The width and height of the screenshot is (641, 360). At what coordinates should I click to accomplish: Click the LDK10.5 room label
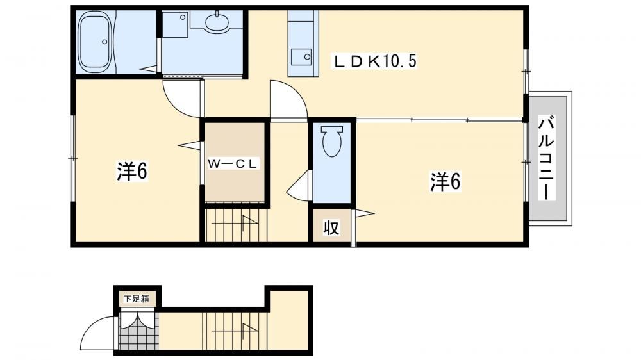pos(374,61)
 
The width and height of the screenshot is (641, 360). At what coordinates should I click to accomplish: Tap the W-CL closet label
pos(233,164)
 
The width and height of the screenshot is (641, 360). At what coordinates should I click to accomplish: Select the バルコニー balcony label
pos(546,158)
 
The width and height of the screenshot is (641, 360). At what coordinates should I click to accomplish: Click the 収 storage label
pos(331,227)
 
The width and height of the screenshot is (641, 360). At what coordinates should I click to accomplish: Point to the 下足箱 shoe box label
pos(137,299)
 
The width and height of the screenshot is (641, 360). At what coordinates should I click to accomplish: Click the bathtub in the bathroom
pos(95,42)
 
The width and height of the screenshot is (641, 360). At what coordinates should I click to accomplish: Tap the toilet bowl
pos(331,141)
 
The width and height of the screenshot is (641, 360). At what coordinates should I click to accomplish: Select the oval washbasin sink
pos(217,23)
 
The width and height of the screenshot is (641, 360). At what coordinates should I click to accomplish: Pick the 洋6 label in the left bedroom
pos(132,171)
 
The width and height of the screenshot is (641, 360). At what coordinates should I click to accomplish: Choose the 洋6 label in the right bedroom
pos(445,181)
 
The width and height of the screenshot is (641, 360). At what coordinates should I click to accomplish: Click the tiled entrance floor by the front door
pos(137,331)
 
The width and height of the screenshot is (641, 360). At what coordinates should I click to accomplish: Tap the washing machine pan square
pos(175,24)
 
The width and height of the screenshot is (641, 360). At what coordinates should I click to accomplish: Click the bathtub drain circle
pos(104,42)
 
